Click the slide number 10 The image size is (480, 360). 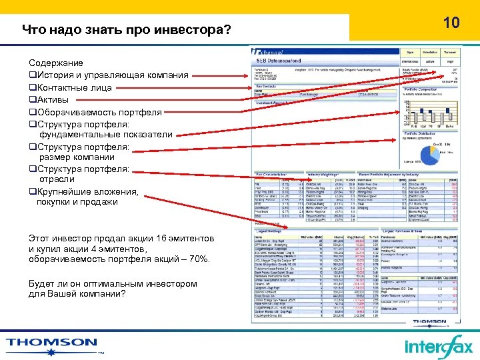(451, 23)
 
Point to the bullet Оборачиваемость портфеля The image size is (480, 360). (99, 112)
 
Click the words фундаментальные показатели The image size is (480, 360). (106, 135)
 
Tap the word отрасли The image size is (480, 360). (58, 180)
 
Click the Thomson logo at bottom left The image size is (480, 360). (53, 343)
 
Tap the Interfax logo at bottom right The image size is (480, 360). (437, 347)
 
